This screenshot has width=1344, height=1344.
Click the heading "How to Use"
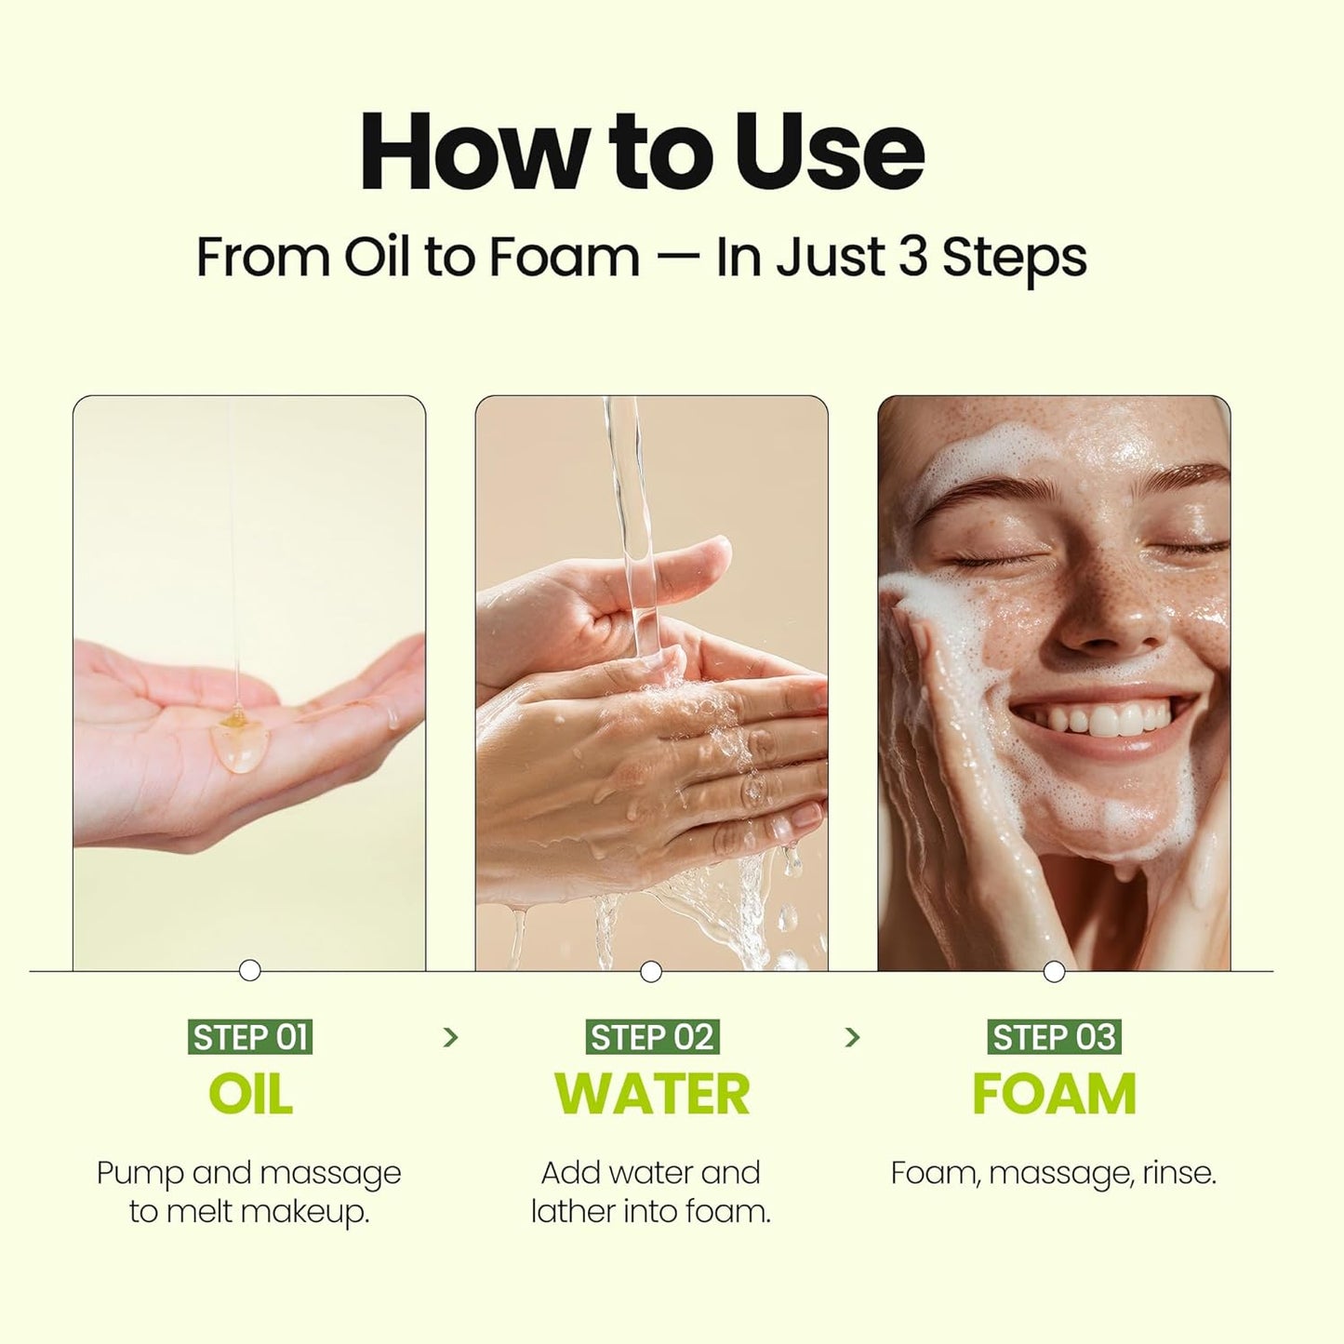pos(642,152)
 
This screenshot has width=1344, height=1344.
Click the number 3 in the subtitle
pos(913,257)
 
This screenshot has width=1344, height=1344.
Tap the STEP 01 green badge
pos(249,1037)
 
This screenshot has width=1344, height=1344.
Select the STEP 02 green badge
pos(652,1037)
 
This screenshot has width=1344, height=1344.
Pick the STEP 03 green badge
pos(1054,1037)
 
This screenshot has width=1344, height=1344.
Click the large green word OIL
pos(250,1094)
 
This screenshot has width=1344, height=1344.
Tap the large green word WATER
pos(652,1094)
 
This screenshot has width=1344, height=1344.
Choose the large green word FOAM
pos(1054,1094)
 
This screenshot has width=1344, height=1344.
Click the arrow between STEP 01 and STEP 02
pos(451,1037)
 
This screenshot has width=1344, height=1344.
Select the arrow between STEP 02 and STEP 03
pos(852,1037)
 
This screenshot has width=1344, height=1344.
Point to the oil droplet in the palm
pos(239,745)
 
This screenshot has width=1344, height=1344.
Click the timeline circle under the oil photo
pos(249,971)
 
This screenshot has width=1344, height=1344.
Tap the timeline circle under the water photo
pos(651,972)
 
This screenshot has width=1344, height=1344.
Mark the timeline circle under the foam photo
pos(1054,972)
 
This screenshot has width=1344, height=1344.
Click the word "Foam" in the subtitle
pos(564,257)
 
